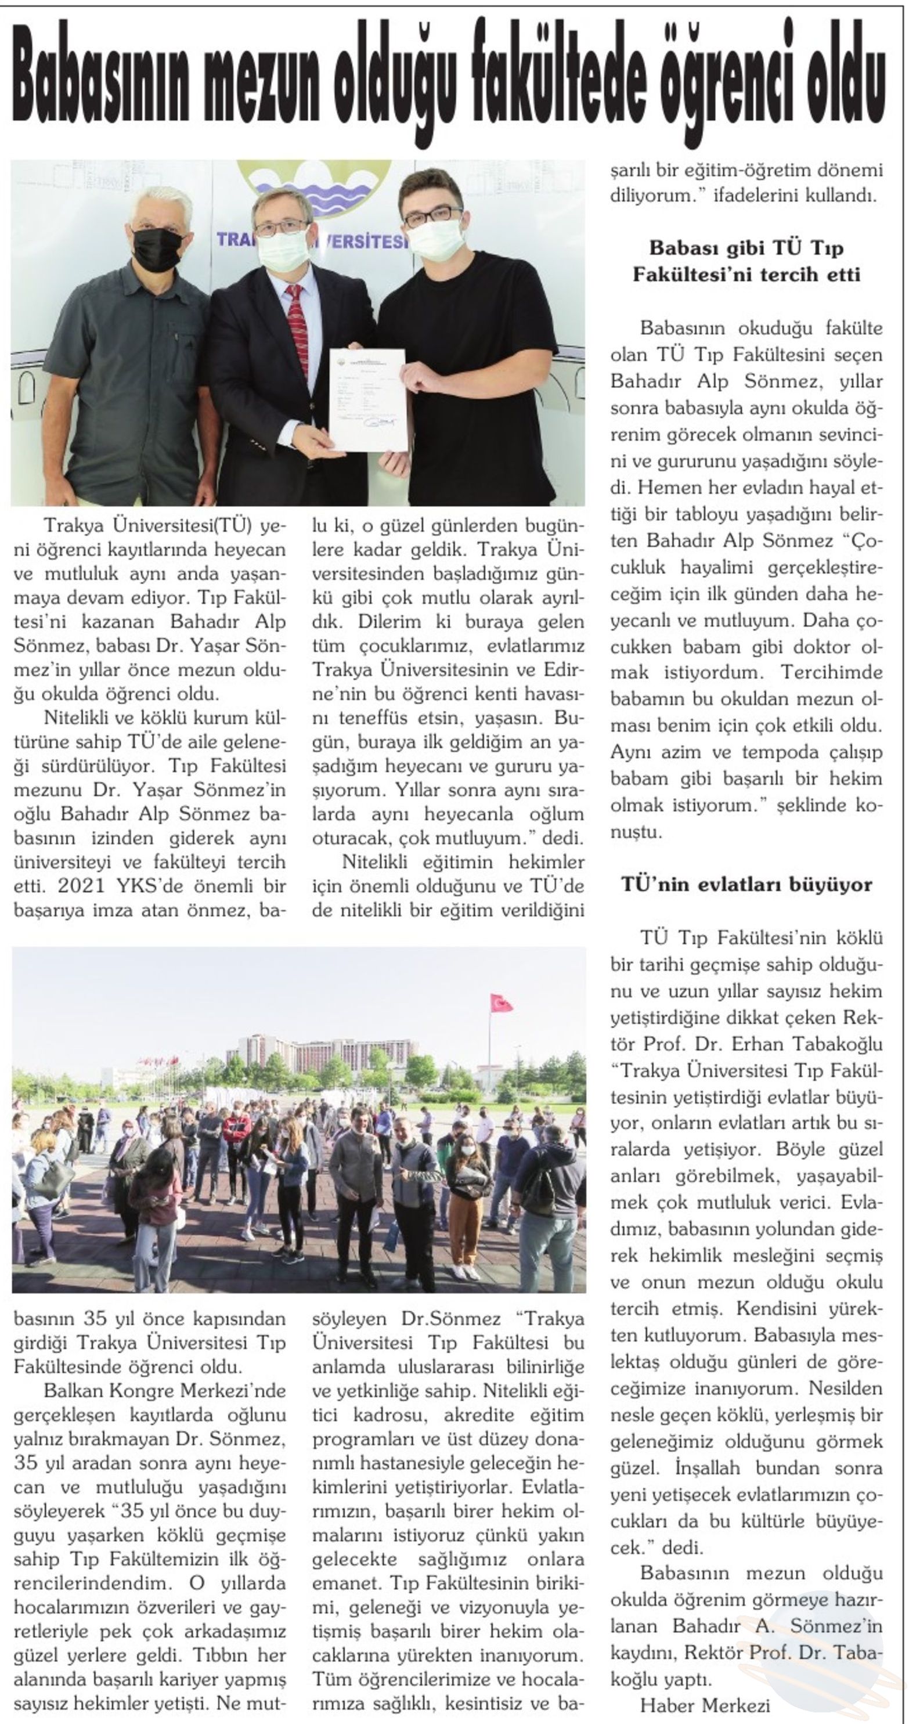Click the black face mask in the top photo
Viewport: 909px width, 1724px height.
[158, 248]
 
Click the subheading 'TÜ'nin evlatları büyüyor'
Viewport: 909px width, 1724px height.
[746, 884]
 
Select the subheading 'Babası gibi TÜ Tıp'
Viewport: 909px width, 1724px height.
[746, 248]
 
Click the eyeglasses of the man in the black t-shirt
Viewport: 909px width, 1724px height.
[431, 216]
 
